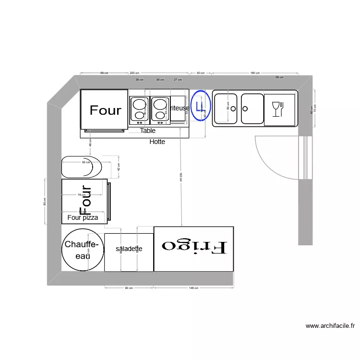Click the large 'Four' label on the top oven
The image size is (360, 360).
click(x=106, y=110)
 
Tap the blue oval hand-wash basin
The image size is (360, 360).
click(x=201, y=106)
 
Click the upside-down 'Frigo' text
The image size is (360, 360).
click(x=194, y=246)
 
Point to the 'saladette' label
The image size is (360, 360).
click(x=129, y=249)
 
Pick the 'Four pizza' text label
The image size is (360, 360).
click(x=83, y=217)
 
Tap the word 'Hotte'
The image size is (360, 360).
click(x=157, y=142)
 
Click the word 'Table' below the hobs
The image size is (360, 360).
click(x=148, y=131)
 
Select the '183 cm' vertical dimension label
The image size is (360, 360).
click(x=180, y=178)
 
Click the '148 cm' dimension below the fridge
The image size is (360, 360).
click(x=193, y=288)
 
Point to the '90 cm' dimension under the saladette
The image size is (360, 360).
click(x=129, y=288)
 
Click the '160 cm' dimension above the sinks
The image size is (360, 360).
click(x=255, y=73)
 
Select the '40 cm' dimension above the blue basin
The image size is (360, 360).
click(x=201, y=73)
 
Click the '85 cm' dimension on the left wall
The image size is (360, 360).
click(x=45, y=202)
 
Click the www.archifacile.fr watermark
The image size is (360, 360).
click(x=330, y=326)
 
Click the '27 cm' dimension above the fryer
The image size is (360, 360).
click(x=178, y=79)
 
